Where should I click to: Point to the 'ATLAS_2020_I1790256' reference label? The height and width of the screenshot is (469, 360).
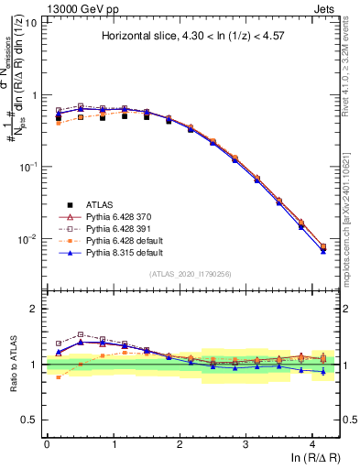tap(191, 275)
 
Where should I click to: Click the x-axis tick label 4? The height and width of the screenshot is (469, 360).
tap(312, 442)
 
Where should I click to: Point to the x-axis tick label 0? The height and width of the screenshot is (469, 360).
tap(47, 442)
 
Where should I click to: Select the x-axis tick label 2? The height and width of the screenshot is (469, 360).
tap(180, 442)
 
